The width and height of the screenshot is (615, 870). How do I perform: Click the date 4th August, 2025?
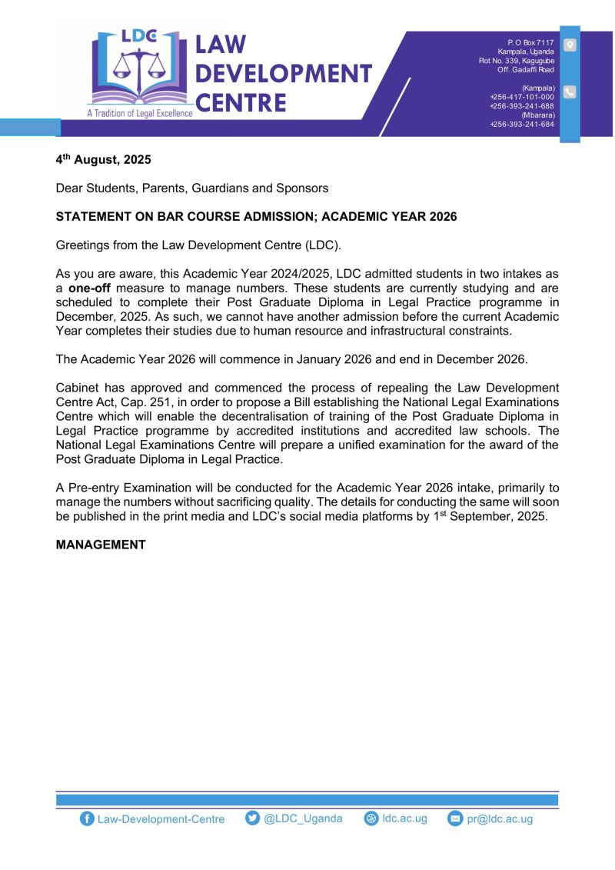(x=104, y=160)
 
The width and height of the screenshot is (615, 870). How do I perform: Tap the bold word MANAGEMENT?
(x=101, y=545)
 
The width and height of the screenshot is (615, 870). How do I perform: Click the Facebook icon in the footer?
(x=87, y=819)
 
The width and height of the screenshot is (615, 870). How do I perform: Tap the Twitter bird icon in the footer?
(x=252, y=818)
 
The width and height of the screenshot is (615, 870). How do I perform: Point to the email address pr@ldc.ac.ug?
(x=499, y=819)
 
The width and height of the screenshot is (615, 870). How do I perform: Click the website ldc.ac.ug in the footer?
(x=404, y=818)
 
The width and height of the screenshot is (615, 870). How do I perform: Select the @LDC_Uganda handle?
(x=303, y=818)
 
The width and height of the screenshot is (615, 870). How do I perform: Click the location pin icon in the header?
(x=570, y=45)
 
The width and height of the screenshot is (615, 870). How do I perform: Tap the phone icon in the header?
(x=570, y=92)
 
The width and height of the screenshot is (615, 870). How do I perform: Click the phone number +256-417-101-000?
(x=522, y=97)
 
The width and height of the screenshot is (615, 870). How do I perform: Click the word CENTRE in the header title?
(x=241, y=102)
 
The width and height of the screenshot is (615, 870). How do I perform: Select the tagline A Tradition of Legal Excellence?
(x=141, y=114)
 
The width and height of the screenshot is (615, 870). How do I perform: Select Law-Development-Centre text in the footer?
(x=161, y=819)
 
